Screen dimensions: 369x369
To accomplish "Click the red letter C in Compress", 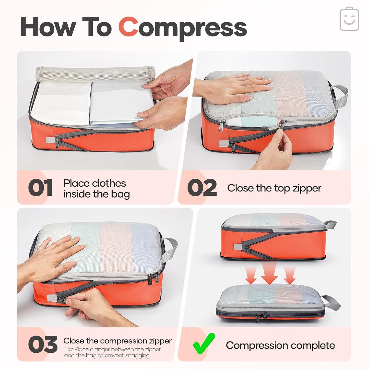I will pyautogui.click(x=128, y=27).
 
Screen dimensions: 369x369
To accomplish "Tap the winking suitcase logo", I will pyautogui.click(x=349, y=19).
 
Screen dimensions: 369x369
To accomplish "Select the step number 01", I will pyautogui.click(x=40, y=188).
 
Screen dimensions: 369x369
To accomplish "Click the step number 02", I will pyautogui.click(x=202, y=188).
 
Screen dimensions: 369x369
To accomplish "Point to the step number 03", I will pyautogui.click(x=42, y=345).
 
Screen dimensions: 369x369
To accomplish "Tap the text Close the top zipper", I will pyautogui.click(x=274, y=188).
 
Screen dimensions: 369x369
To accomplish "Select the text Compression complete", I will pyautogui.click(x=280, y=345).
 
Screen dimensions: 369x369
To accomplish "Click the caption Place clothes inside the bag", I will pyautogui.click(x=96, y=188).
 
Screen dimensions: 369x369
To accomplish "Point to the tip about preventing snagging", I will pyautogui.click(x=112, y=352).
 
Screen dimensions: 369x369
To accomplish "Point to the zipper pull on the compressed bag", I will pyautogui.click(x=258, y=318).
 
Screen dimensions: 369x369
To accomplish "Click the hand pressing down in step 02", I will pyautogui.click(x=237, y=87).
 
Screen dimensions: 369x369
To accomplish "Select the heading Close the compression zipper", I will pyautogui.click(x=117, y=341).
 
